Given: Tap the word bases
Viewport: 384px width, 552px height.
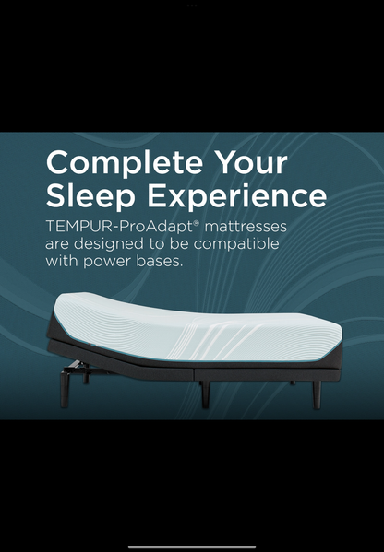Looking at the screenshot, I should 164,262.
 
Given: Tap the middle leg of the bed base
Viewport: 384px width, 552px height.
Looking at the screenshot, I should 205,393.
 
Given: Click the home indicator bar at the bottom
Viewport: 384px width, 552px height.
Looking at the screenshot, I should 192,546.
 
